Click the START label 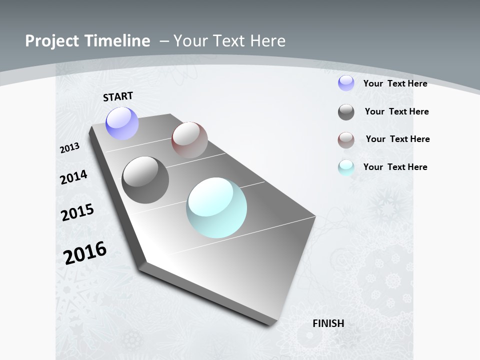(118, 96)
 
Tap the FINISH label (328, 323)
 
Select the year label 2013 (70, 148)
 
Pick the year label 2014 (73, 177)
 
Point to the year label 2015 (77, 212)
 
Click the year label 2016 (85, 252)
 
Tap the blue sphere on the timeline (122, 123)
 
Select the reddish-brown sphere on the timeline (189, 139)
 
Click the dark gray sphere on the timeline (145, 180)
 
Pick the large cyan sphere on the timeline (216, 207)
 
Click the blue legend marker (346, 83)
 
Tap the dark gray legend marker (346, 112)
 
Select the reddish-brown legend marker (346, 140)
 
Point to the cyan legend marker (346, 167)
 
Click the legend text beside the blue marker (395, 83)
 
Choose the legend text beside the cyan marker (395, 167)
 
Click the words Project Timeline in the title (87, 41)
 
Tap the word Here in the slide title (268, 41)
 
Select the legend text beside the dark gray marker (396, 111)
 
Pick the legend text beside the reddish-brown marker (397, 139)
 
